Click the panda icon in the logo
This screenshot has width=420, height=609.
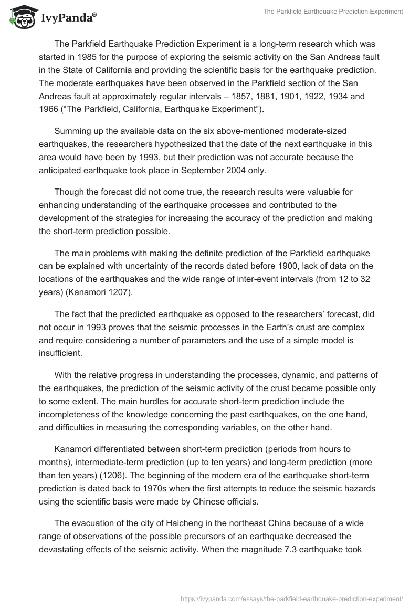(21, 17)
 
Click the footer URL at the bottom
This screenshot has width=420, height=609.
(291, 598)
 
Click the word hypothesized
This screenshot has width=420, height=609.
(151, 143)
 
